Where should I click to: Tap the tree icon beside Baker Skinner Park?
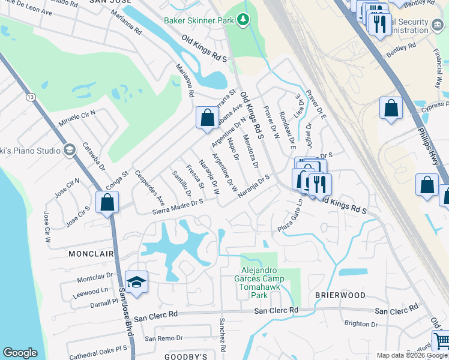[x=243, y=20]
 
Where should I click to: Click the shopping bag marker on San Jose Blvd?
[x=107, y=202]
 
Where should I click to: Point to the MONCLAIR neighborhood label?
[x=91, y=254]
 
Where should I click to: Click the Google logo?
[x=20, y=353]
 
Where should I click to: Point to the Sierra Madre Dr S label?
[x=177, y=206]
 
